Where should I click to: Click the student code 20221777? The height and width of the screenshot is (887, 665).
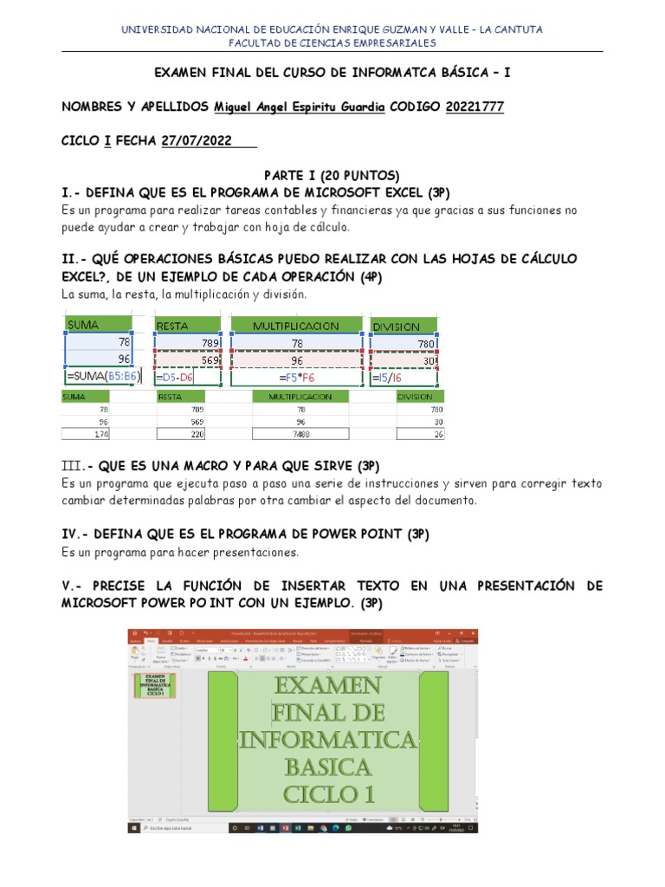click(475, 107)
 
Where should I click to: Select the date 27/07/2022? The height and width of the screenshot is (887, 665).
click(197, 141)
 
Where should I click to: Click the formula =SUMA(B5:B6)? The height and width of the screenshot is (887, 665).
click(102, 377)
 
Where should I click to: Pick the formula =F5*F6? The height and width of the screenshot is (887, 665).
click(296, 378)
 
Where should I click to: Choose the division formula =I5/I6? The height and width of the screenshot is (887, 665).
click(387, 378)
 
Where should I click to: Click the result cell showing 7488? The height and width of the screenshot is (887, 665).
click(300, 434)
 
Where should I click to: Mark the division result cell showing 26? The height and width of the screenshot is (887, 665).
click(421, 434)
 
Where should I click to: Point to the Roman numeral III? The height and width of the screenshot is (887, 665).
click(73, 466)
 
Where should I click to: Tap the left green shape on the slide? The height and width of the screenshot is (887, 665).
click(224, 738)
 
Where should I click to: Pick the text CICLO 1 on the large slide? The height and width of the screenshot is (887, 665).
click(327, 794)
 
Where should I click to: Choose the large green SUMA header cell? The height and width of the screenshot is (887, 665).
click(96, 325)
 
